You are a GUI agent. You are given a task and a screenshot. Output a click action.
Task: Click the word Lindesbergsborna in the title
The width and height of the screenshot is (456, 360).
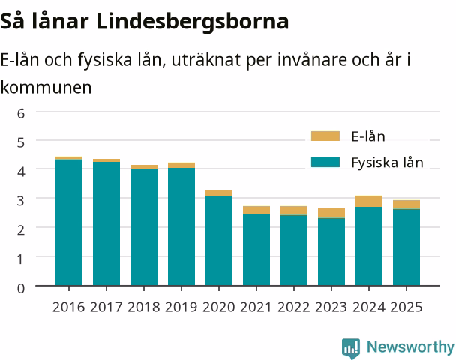click(x=192, y=22)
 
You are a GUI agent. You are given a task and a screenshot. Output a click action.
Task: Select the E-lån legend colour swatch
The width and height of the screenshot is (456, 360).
click(x=325, y=136)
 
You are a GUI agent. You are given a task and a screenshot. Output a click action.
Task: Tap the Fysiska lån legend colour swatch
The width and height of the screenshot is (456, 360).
click(x=325, y=162)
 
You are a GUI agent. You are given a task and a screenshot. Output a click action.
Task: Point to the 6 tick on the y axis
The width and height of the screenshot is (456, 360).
click(x=21, y=113)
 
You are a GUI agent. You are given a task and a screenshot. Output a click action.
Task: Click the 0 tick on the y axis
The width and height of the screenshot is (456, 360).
click(x=21, y=288)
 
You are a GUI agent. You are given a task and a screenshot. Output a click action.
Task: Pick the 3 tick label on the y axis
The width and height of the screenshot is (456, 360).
click(x=21, y=201)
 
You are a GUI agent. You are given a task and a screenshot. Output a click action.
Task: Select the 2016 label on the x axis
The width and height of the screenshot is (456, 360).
click(x=69, y=307)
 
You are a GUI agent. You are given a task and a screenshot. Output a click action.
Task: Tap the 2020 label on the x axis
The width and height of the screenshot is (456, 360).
click(x=219, y=307)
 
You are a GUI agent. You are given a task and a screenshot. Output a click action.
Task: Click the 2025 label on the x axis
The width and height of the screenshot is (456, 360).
click(x=406, y=307)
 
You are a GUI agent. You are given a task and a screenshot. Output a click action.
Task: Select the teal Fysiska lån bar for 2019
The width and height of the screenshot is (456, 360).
click(x=181, y=226)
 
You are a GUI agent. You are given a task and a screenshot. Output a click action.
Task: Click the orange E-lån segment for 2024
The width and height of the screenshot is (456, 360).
click(x=369, y=201)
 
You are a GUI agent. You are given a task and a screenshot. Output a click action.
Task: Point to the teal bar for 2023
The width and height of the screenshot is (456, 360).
click(x=331, y=252)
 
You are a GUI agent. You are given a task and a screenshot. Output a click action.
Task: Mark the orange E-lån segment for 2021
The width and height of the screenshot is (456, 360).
click(x=256, y=210)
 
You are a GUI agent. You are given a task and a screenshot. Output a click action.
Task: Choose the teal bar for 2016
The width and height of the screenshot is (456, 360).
click(x=69, y=223)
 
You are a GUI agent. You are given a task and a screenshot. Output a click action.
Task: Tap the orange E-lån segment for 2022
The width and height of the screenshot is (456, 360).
click(x=294, y=211)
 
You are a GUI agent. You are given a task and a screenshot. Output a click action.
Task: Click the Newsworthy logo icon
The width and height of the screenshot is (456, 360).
click(x=351, y=348)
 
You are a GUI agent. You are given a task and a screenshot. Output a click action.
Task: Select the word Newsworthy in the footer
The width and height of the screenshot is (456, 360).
click(x=410, y=346)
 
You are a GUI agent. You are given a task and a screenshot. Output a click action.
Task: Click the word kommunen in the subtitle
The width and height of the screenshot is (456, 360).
click(x=46, y=87)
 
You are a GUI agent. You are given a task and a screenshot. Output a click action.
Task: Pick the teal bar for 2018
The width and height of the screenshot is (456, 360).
click(x=144, y=227)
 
